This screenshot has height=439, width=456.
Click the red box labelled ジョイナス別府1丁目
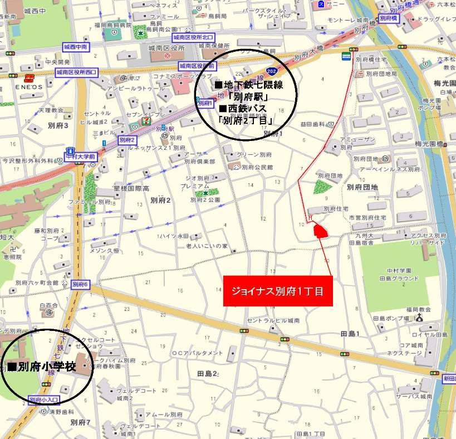point(277,291)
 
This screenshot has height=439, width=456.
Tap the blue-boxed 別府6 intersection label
point(81,284)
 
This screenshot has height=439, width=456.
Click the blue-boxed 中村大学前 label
point(83,158)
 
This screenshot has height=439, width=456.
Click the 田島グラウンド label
point(398,278)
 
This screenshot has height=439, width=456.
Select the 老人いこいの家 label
point(207,246)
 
